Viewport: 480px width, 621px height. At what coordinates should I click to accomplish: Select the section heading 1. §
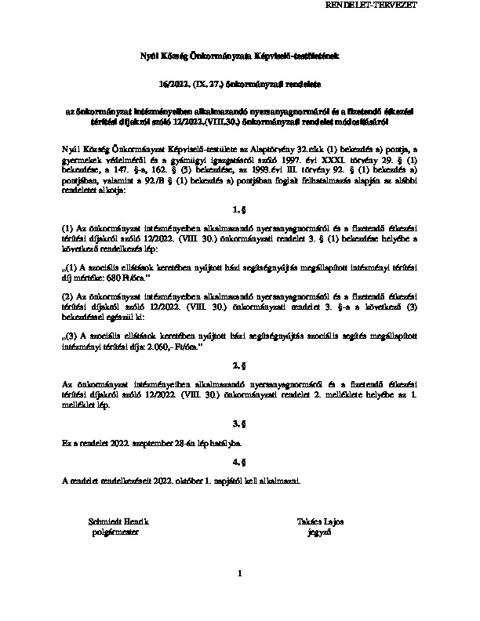(x=239, y=211)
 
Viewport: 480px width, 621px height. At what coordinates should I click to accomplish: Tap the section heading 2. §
(x=239, y=366)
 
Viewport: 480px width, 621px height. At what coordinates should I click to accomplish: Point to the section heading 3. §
(x=239, y=423)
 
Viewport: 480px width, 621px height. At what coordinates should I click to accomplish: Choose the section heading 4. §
(x=239, y=462)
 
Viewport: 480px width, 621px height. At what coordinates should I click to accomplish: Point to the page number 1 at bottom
(x=240, y=576)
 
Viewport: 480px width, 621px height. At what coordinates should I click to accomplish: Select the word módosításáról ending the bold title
(x=363, y=122)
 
